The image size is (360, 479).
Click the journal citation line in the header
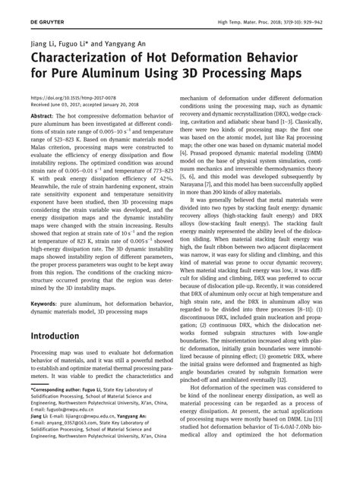(268, 8)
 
